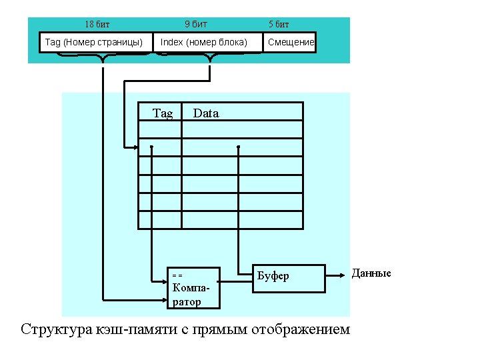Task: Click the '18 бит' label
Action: click(97, 25)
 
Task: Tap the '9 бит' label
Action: click(195, 25)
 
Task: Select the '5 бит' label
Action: click(279, 25)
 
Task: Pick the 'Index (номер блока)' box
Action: click(204, 43)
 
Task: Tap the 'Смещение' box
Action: click(291, 43)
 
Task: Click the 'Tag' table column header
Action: click(163, 113)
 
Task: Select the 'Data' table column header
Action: click(205, 113)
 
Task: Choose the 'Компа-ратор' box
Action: click(194, 288)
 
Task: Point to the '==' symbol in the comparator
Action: click(177, 275)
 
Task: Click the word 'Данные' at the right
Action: click(371, 273)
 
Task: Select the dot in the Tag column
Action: click(152, 147)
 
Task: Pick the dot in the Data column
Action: click(238, 147)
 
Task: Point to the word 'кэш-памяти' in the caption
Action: click(139, 329)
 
